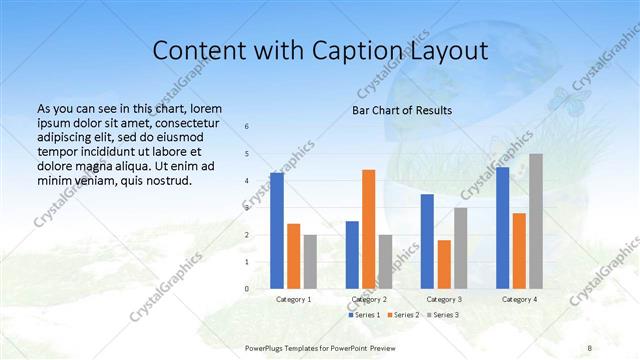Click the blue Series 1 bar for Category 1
tap(277, 231)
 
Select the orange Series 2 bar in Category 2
tap(369, 229)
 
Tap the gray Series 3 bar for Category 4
tap(536, 221)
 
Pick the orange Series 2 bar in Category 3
tap(444, 264)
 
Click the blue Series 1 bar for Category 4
tap(502, 228)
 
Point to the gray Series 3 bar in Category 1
tap(310, 262)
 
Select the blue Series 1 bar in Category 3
tap(427, 241)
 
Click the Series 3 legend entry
tap(443, 315)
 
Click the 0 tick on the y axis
tap(247, 289)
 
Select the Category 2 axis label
tap(369, 299)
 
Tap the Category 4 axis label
tap(519, 299)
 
